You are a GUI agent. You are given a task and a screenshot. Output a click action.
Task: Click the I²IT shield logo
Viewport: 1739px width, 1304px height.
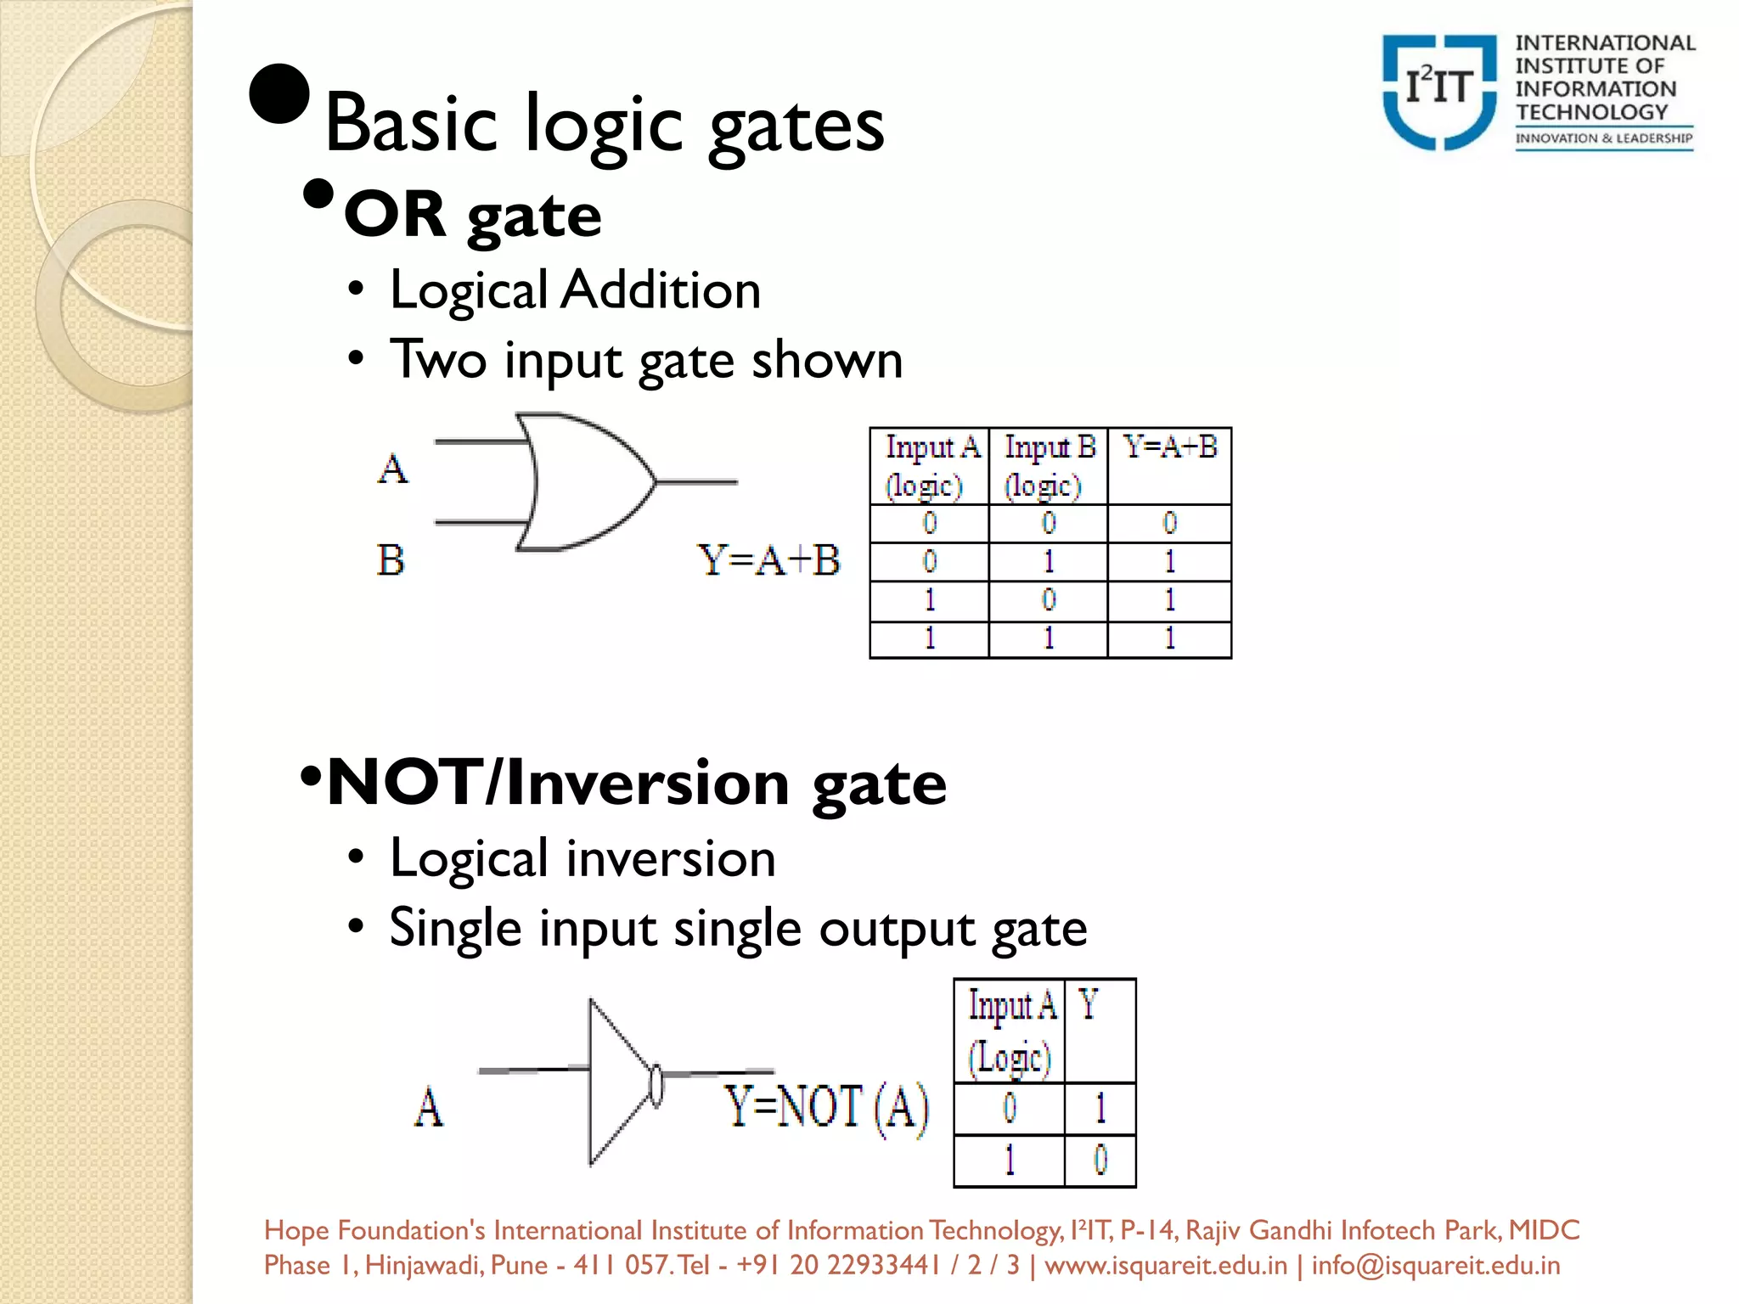(1438, 92)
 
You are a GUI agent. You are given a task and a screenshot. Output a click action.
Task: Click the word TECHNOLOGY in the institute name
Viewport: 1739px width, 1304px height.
(1592, 112)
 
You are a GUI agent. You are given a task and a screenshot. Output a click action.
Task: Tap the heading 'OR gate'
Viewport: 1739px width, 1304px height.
(472, 216)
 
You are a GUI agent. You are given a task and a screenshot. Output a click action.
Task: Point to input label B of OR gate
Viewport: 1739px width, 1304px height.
(391, 560)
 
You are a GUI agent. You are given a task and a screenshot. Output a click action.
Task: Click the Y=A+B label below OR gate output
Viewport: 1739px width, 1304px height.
(768, 560)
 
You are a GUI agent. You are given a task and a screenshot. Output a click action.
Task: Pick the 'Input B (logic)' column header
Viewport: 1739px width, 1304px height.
(1049, 466)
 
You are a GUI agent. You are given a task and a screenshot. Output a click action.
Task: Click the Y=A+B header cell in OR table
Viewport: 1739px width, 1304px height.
(1169, 447)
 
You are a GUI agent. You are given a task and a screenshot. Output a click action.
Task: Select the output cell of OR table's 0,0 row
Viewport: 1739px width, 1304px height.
(1169, 523)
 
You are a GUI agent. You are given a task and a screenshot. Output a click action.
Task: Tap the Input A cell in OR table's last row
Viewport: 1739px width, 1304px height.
(930, 638)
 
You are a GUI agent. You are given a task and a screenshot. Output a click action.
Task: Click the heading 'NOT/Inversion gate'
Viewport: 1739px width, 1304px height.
(637, 783)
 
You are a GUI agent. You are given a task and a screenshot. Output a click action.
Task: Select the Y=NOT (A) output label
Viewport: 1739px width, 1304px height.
(826, 1108)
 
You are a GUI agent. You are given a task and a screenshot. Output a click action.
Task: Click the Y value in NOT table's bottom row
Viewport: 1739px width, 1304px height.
(1100, 1160)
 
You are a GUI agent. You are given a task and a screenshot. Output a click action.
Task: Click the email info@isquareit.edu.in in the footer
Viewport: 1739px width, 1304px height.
(1435, 1265)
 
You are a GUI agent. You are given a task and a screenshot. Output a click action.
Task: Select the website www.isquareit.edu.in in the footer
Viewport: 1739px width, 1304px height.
(1165, 1265)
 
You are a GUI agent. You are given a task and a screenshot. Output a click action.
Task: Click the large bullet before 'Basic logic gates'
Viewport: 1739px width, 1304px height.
(279, 93)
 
